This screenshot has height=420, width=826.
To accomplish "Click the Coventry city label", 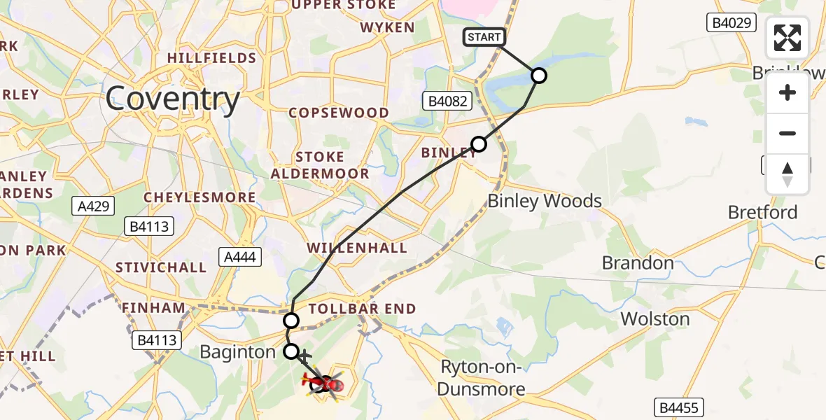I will pyautogui.click(x=173, y=99).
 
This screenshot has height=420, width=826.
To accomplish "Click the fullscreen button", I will pyautogui.click(x=787, y=38).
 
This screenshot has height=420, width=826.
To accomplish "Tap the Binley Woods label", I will pyautogui.click(x=545, y=202).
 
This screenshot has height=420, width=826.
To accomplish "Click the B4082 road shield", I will pyautogui.click(x=444, y=101).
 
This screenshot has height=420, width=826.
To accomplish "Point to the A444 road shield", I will pyautogui.click(x=239, y=257).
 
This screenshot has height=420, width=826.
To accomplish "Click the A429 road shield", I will pyautogui.click(x=93, y=206).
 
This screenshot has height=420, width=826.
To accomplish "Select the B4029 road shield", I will pyautogui.click(x=732, y=23).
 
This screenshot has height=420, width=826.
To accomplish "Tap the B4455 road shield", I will pyautogui.click(x=679, y=407).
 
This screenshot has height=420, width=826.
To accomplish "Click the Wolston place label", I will pyautogui.click(x=655, y=319).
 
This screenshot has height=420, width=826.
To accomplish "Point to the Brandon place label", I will pyautogui.click(x=638, y=263).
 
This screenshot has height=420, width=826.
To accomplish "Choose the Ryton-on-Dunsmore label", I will pyautogui.click(x=483, y=377).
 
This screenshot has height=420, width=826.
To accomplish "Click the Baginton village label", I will pyautogui.click(x=238, y=351).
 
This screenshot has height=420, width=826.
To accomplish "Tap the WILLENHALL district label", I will pyautogui.click(x=357, y=248).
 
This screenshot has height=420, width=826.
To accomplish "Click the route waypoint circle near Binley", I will pyautogui.click(x=479, y=145).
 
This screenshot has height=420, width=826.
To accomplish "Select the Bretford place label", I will pyautogui.click(x=762, y=212).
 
